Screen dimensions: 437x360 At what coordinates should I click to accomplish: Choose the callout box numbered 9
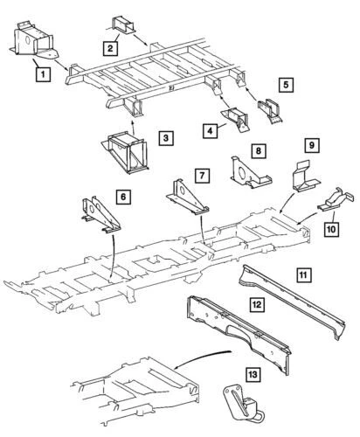[312, 145]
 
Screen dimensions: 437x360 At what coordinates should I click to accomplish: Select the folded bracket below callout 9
[302, 180]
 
